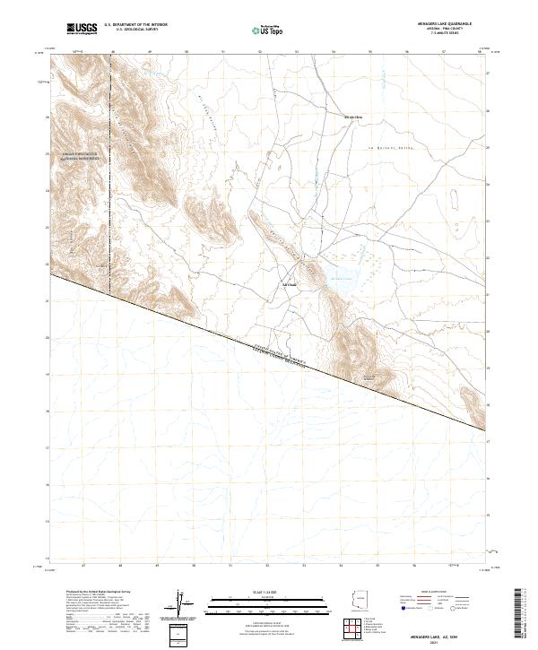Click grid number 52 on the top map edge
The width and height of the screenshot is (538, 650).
(260, 52)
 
